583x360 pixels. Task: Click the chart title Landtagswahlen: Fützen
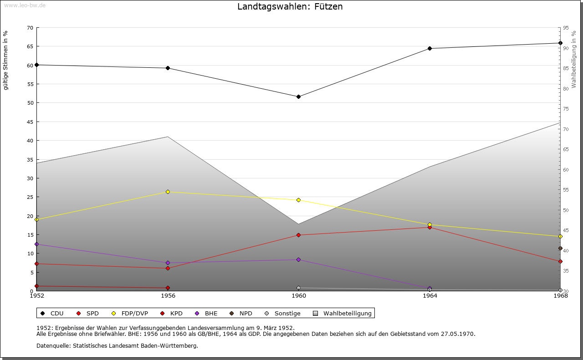pos(290,7)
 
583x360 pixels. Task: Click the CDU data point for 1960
pos(298,96)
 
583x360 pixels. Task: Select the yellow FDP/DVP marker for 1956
pos(168,192)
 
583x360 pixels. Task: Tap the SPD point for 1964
pos(430,227)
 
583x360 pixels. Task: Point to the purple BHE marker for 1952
pos(37,244)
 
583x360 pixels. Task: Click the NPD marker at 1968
pos(560,248)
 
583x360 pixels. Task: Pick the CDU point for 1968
pos(560,43)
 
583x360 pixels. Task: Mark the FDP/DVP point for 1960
pos(298,200)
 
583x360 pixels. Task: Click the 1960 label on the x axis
pos(299,296)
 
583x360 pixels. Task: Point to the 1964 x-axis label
pos(430,296)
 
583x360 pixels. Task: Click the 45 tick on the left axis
pos(30,122)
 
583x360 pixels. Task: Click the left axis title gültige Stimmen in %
pos(6,60)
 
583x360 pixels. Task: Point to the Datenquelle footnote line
pos(117,345)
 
